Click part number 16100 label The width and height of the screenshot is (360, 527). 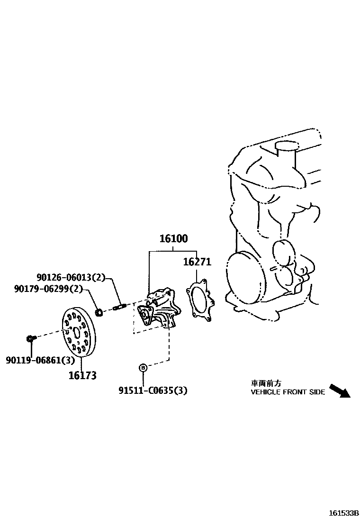click(173, 239)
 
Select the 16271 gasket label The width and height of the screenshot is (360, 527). click(197, 262)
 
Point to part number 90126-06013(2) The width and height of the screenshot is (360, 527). click(71, 278)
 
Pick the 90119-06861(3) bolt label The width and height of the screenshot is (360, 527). click(40, 361)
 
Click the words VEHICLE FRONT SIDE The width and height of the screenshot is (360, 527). click(288, 392)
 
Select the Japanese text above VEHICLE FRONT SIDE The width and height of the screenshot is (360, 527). click(266, 383)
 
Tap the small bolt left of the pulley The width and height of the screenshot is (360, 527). click(30, 338)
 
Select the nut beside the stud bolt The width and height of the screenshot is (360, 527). click(99, 312)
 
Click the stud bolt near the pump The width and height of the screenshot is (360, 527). click(118, 308)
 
